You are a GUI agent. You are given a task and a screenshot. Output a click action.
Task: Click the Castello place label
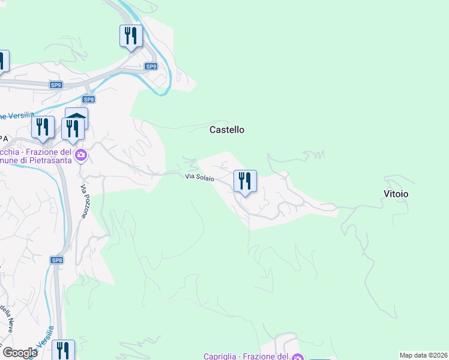(x=226, y=130)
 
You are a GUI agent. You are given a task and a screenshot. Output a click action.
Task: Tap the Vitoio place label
(x=396, y=194)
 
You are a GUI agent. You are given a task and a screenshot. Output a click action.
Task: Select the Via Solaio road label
(x=199, y=177)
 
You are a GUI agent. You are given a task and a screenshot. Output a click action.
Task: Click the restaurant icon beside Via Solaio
(x=245, y=181)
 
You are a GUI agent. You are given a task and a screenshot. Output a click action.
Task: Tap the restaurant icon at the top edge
(x=131, y=36)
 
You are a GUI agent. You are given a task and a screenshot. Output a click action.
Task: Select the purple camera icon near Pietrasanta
(x=82, y=156)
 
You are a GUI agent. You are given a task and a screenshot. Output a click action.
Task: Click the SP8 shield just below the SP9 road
(x=88, y=100)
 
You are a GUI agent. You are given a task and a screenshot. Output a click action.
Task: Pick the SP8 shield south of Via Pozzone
(x=57, y=260)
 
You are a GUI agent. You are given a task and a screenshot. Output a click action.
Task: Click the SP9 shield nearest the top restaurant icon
(x=151, y=67)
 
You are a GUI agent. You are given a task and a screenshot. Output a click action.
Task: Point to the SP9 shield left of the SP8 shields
(x=56, y=85)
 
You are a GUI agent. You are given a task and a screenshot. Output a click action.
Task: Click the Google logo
(x=20, y=353)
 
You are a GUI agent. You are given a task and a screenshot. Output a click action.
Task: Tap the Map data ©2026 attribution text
(x=424, y=355)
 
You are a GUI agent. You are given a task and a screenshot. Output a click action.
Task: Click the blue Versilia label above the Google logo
(x=49, y=339)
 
